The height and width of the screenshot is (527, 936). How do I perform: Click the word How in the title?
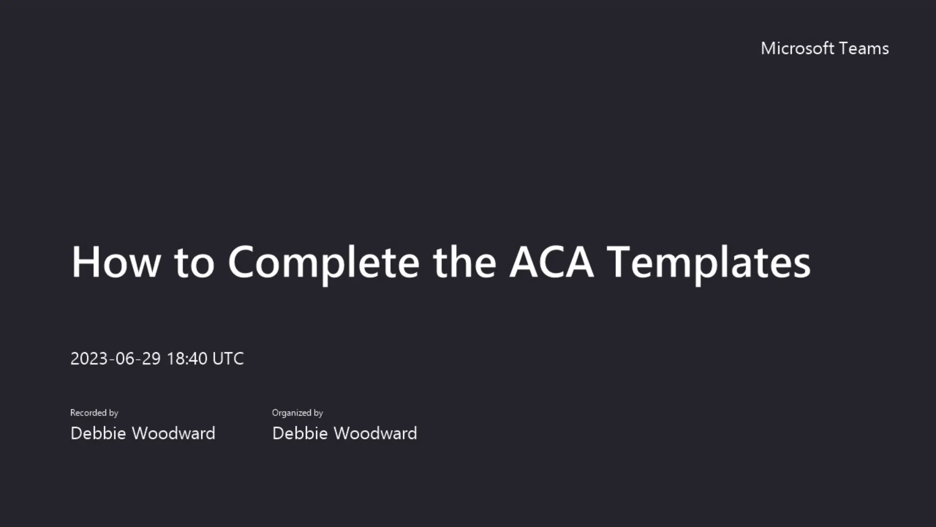coord(116,262)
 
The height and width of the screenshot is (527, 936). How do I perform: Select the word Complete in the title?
coord(324,262)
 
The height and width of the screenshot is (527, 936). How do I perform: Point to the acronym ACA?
coord(551,262)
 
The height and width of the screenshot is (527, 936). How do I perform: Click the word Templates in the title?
coord(710,262)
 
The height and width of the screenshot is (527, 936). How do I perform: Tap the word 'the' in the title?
coord(464,262)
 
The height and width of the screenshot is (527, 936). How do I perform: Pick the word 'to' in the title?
coord(194,262)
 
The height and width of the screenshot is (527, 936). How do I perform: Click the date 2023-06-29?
coord(116,359)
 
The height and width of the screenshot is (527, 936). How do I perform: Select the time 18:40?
coord(187,359)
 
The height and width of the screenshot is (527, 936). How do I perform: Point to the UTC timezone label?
coord(228,359)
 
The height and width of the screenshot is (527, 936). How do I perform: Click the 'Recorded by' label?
coord(94,413)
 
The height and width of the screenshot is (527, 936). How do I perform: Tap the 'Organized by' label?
coord(297,413)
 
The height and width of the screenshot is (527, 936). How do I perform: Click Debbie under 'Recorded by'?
coord(98,433)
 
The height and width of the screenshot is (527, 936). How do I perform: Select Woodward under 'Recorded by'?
coord(174,433)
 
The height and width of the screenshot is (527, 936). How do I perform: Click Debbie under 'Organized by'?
coord(300,433)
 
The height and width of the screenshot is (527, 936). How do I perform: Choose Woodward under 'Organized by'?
coord(375,433)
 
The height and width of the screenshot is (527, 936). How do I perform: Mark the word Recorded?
coord(88,413)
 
